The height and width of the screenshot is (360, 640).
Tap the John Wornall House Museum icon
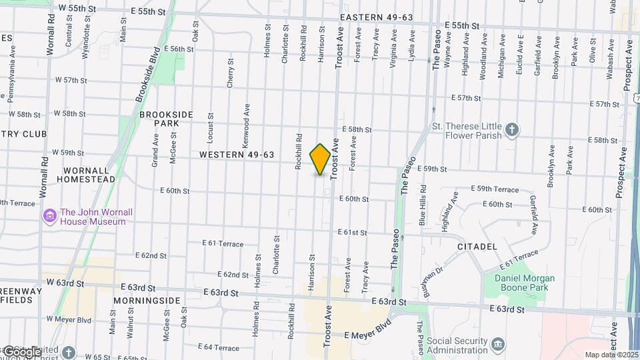point(49,216)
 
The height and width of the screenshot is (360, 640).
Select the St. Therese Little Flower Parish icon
point(511,129)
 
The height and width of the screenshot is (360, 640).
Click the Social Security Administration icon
point(498,344)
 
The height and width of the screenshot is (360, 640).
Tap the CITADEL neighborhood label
point(477,247)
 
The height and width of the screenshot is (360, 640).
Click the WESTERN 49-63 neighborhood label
point(237,155)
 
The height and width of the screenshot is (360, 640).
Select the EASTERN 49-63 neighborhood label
point(377,17)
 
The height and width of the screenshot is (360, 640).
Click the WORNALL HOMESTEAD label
point(85,175)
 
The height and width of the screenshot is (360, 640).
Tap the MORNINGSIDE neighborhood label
point(147,301)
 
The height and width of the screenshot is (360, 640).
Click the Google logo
point(22,351)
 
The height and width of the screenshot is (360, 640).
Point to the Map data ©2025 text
point(611,355)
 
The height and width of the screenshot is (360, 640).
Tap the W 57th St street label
point(71,80)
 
